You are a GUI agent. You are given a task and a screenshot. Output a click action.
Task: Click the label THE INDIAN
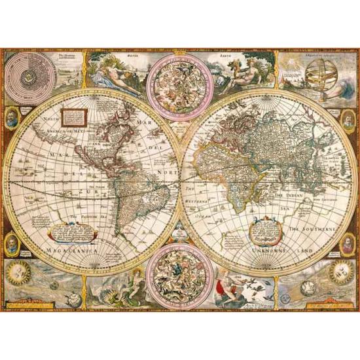click(295, 195)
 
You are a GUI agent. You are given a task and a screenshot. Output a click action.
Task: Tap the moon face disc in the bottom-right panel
click(341, 270)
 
